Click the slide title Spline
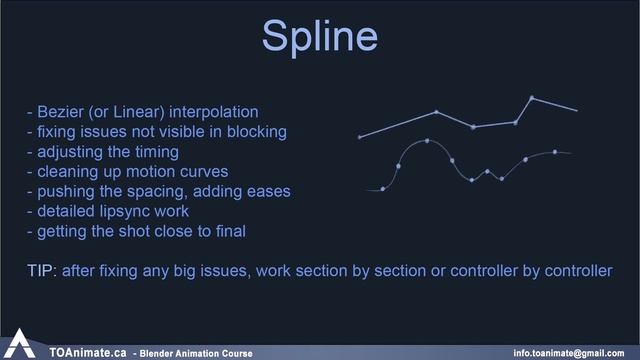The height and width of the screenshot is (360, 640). [x=319, y=36]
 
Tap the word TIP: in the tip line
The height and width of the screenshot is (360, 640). [x=42, y=271]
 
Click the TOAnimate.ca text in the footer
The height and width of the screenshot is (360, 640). [x=87, y=352]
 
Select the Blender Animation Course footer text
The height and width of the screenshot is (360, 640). [x=197, y=353]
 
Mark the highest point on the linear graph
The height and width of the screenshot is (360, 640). [x=531, y=98]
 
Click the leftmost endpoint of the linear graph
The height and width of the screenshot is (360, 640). [x=360, y=137]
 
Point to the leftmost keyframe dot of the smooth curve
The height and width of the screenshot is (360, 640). [x=383, y=188]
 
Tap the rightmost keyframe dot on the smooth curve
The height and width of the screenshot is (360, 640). [x=555, y=152]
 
